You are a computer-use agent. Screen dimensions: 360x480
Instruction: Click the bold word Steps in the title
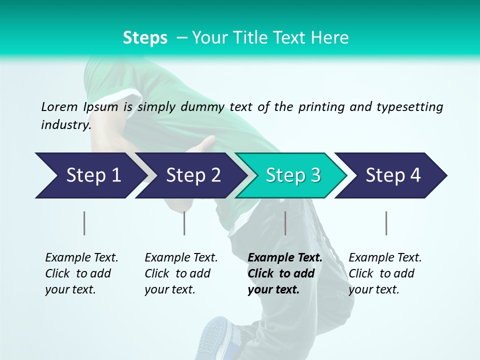click(145, 38)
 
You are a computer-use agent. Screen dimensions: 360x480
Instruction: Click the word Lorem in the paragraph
click(59, 106)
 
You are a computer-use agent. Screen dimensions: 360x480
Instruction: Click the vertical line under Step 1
click(84, 223)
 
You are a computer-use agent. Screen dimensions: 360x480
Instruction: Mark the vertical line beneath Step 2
click(184, 223)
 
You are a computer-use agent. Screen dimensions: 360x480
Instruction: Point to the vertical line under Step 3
click(285, 223)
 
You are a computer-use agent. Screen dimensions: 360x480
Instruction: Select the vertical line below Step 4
click(386, 223)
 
